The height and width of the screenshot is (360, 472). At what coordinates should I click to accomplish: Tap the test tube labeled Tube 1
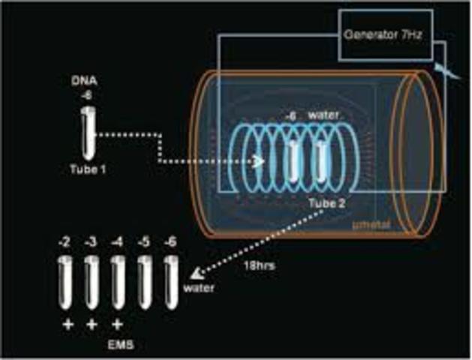[x=88, y=132]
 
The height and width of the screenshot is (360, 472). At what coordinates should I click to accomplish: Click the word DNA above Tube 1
[x=88, y=81]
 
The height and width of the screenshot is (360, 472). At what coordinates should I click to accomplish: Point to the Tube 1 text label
[x=89, y=169]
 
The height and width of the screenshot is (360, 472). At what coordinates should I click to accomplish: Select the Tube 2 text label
[x=326, y=202]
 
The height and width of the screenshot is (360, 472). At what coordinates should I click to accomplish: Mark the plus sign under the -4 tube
[x=118, y=325]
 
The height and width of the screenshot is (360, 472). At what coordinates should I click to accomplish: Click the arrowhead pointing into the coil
[x=259, y=161]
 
